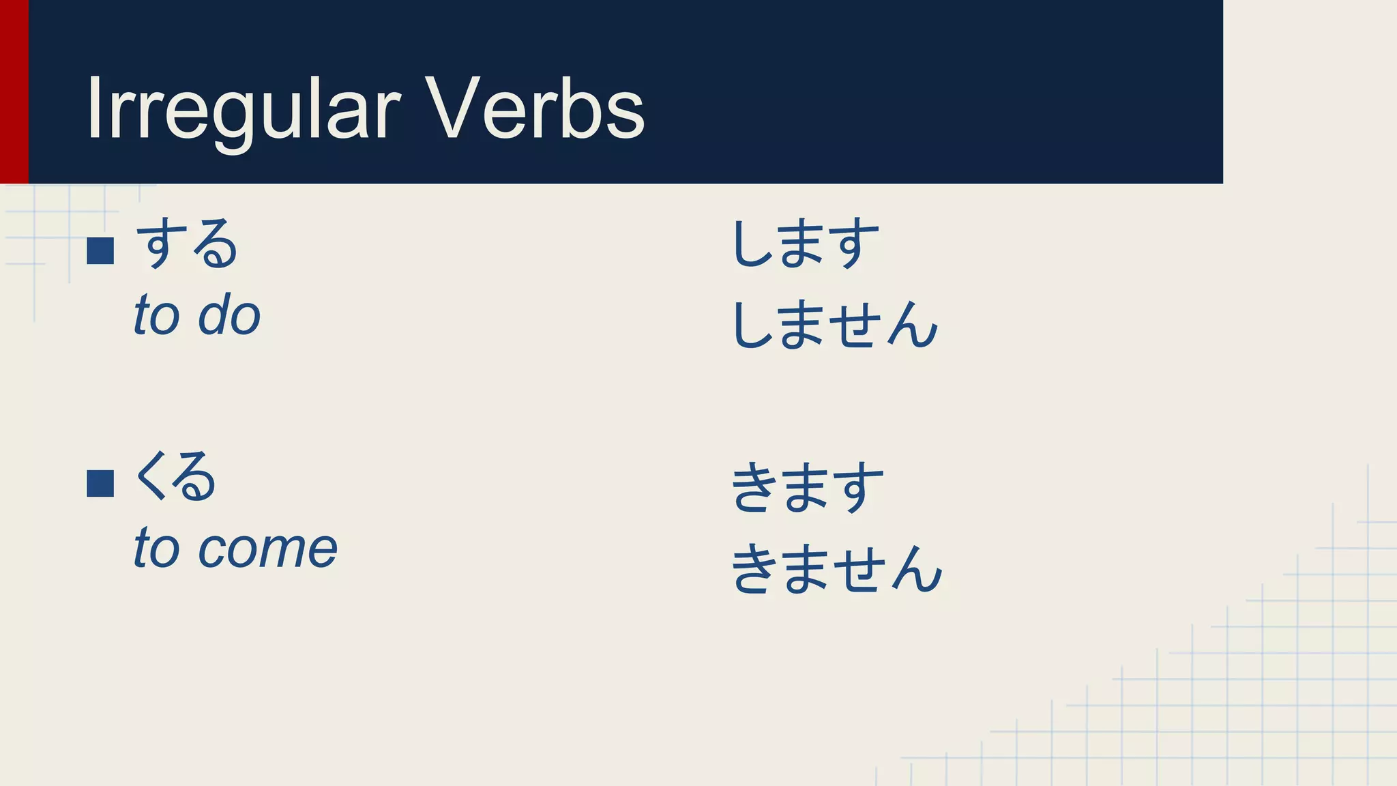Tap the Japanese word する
(186, 244)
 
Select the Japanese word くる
(175, 477)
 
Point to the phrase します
(805, 244)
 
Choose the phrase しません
(835, 325)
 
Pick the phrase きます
(808, 487)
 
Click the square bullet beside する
(100, 250)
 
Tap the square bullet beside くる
(100, 483)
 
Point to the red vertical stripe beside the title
(14, 91)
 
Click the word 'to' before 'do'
(156, 315)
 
